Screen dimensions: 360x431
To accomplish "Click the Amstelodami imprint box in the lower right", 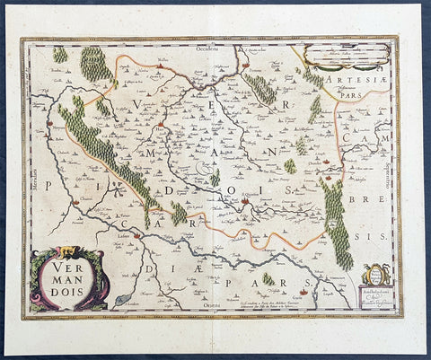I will pos(376,296).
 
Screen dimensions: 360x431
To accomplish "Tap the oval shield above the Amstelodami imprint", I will pos(376,274).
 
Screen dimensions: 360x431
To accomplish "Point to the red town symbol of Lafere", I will pos(136,235).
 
